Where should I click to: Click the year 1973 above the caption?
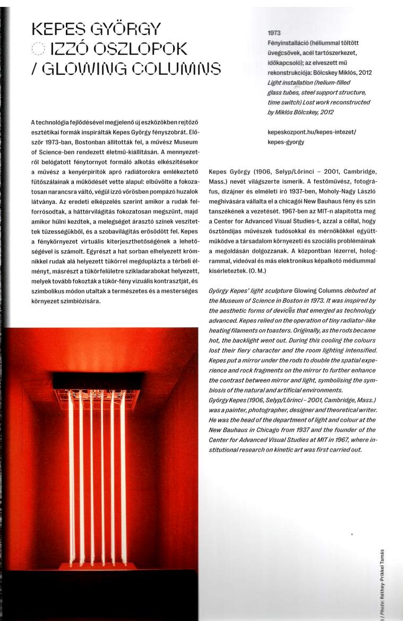[x=275, y=33]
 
